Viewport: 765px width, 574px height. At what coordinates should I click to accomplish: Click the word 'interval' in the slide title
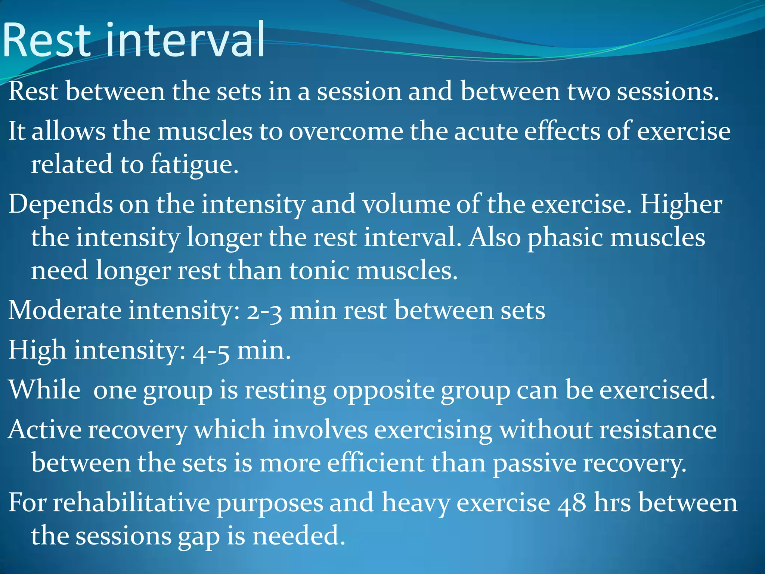186,40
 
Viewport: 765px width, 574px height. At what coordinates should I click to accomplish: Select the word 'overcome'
346,132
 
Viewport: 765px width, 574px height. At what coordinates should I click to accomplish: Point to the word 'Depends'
60,205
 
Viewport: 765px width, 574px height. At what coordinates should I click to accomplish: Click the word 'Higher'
681,205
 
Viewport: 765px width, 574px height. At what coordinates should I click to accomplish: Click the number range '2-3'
264,311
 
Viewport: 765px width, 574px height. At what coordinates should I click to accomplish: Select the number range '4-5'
211,351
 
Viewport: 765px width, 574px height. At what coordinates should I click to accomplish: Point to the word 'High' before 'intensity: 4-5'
37,351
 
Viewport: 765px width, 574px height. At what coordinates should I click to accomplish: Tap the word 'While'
44,390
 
